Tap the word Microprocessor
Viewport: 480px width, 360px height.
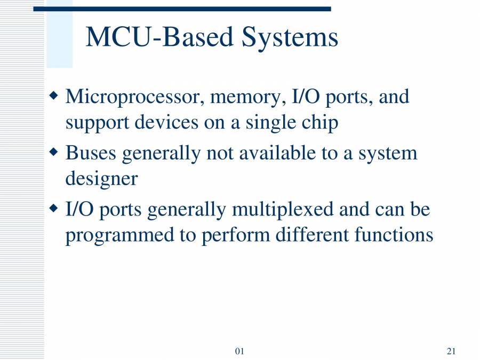135,98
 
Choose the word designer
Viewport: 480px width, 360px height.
101,179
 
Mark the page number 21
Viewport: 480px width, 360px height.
451,351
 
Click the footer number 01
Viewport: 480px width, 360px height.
239,351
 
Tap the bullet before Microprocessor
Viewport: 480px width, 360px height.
53,97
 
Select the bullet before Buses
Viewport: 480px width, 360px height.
53,153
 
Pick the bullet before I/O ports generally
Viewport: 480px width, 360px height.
53,208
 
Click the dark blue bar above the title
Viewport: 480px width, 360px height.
182,9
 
